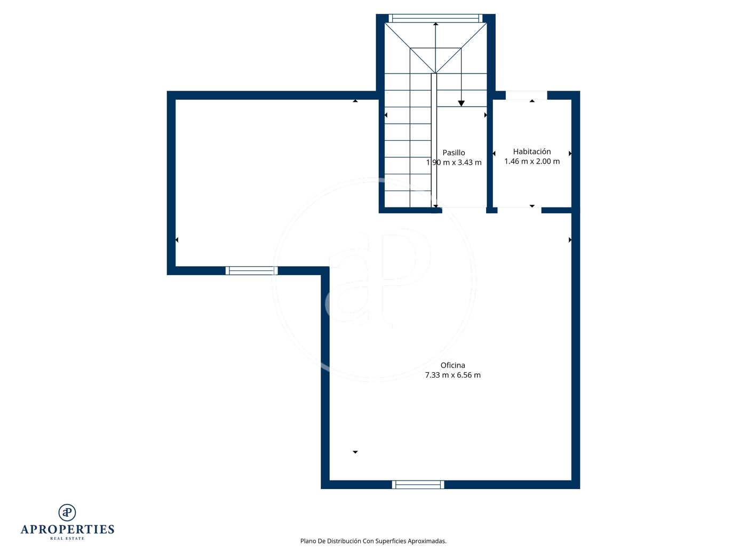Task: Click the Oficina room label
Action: tap(452, 365)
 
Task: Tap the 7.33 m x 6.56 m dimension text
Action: tap(452, 375)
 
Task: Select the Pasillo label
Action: tap(454, 153)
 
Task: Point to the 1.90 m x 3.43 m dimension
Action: tap(454, 163)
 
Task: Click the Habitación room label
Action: tap(531, 151)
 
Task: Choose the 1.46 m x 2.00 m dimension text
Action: tap(531, 161)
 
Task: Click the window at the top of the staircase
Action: tap(435, 18)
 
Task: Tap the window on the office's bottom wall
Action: tap(418, 484)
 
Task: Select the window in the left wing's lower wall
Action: tap(251, 270)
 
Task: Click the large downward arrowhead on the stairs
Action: tap(461, 103)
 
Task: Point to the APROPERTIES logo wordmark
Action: tap(67, 529)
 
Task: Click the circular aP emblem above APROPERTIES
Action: tap(67, 513)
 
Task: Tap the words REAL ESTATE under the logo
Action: tap(67, 538)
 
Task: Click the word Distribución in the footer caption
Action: tap(344, 541)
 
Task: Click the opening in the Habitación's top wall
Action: tap(527, 95)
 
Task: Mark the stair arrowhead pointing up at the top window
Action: tap(435, 24)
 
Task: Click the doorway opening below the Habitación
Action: tap(519, 210)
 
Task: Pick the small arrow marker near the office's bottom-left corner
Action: tap(355, 452)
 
